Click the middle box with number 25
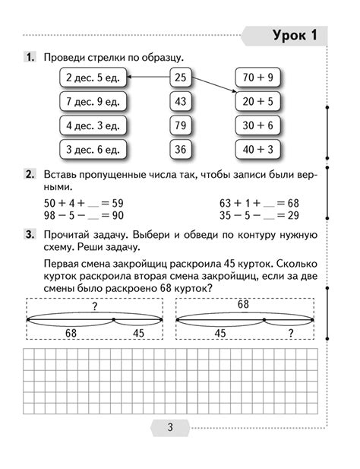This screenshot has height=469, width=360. tap(180, 78)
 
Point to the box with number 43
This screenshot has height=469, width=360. tap(180, 101)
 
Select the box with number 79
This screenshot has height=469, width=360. tap(180, 125)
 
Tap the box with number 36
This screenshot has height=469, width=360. tap(180, 150)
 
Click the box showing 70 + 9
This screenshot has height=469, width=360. tap(258, 78)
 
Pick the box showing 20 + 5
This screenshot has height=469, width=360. tap(258, 101)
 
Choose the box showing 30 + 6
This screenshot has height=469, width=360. tap(258, 125)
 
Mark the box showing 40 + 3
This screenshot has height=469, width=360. tap(258, 150)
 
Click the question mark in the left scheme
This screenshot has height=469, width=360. tap(115, 306)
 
